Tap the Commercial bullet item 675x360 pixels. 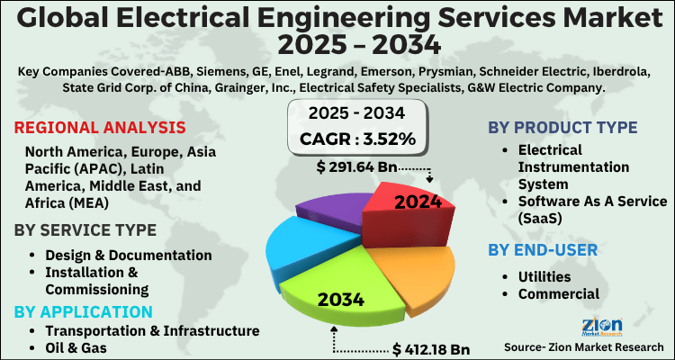(x=558, y=292)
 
